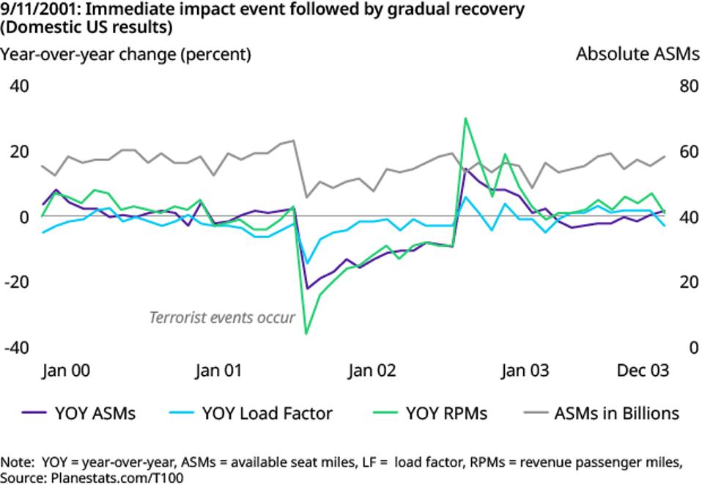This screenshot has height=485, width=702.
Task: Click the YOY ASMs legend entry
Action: [x=95, y=413]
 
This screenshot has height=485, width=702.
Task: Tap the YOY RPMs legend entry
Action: [x=446, y=413]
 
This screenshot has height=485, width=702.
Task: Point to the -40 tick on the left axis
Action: [x=16, y=347]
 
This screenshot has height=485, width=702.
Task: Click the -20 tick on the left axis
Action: [x=16, y=282]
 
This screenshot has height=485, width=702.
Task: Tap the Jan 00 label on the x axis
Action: [x=66, y=370]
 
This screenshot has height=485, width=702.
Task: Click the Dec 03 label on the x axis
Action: [x=642, y=370]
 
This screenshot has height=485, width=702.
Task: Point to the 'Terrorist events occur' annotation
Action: [x=222, y=318]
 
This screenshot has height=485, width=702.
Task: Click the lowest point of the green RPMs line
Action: [x=306, y=334]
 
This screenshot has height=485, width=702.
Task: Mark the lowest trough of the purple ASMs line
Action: [x=308, y=288]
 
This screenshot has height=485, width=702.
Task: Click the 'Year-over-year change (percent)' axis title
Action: [x=126, y=54]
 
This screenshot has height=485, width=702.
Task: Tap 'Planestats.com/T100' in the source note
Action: [x=117, y=477]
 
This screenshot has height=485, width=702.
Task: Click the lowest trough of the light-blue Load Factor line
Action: [x=308, y=262]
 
